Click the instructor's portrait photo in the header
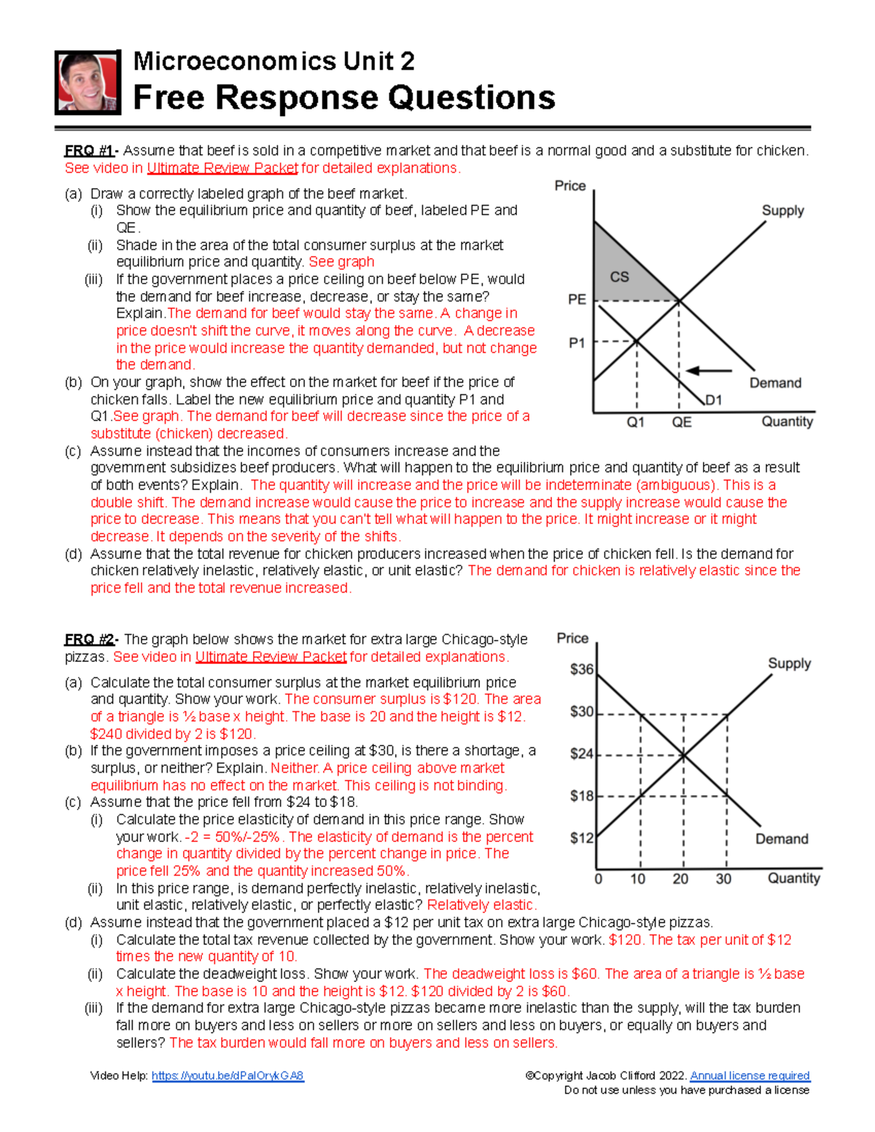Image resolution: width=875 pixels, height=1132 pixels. [87, 82]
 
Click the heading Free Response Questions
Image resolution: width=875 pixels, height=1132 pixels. [343, 98]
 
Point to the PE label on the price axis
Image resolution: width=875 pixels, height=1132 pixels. [577, 300]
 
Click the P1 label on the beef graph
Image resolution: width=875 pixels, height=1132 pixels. [577, 343]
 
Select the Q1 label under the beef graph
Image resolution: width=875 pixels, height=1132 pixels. [636, 422]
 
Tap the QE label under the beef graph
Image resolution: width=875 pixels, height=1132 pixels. [682, 422]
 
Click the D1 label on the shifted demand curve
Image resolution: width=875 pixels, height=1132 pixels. [713, 399]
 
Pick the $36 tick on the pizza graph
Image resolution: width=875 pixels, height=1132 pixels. [581, 669]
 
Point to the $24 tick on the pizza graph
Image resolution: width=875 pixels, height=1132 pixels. [581, 754]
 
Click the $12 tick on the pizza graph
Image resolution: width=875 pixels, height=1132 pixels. [581, 838]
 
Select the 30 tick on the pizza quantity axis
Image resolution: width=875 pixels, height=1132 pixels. [723, 879]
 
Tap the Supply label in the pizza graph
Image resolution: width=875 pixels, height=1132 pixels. [789, 663]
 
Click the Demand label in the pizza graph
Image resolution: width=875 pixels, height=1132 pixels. [782, 839]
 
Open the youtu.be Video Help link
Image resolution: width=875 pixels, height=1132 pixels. [227, 1076]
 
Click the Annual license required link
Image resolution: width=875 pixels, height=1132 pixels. [750, 1076]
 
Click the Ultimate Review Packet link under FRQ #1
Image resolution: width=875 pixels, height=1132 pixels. [222, 168]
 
